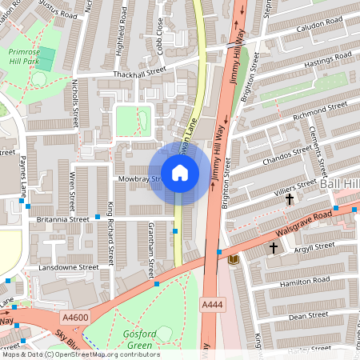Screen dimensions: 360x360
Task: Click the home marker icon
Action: [180, 172]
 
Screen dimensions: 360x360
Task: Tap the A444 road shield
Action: [212, 306]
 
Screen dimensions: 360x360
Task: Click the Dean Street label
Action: [308, 316]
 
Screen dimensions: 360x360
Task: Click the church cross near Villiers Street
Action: [290, 198]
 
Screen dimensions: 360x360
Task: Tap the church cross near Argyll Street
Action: [273, 248]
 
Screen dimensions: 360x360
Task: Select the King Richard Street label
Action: [110, 232]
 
